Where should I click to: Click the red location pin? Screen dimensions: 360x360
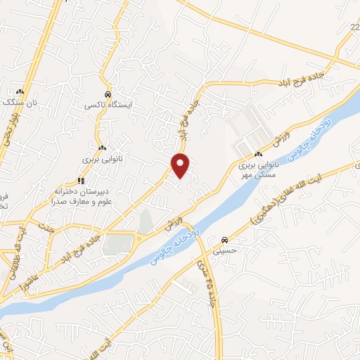click(x=181, y=165)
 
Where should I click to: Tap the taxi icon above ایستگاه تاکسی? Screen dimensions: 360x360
click(x=106, y=94)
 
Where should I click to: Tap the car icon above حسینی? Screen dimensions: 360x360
click(x=224, y=238)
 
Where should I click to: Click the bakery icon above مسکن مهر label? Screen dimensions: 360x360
click(x=259, y=154)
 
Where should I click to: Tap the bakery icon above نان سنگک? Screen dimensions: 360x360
click(x=20, y=91)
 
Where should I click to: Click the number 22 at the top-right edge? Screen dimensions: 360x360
click(x=354, y=27)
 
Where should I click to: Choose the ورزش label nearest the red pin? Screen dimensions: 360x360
click(x=171, y=226)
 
